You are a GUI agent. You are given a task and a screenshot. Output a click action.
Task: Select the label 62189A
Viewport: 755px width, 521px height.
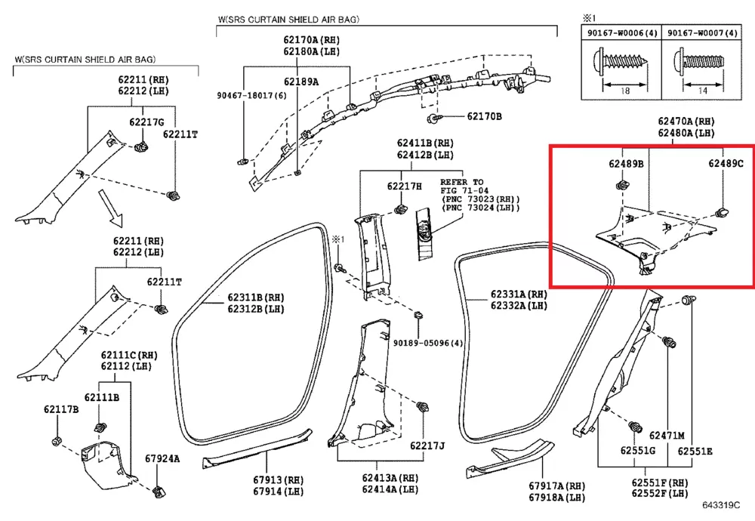(301, 82)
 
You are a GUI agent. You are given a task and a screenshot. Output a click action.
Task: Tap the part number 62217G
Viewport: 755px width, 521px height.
(146, 122)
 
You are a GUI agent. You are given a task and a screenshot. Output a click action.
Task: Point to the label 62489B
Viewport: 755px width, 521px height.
(626, 163)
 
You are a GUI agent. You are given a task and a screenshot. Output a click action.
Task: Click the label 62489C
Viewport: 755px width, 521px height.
(726, 163)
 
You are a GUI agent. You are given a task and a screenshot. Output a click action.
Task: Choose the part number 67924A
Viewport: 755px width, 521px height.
(163, 458)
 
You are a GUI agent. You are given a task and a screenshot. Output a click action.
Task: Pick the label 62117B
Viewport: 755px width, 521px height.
(61, 409)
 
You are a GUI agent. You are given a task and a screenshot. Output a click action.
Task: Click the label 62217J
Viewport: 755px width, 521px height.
(427, 445)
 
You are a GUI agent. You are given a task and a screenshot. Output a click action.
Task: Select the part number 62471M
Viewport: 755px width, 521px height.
(667, 436)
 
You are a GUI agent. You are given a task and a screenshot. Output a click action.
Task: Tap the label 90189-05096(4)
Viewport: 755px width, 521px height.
(433, 343)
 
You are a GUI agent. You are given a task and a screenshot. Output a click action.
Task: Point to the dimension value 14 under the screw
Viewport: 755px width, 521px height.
(701, 90)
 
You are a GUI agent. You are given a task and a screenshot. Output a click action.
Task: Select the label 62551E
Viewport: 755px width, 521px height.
(695, 452)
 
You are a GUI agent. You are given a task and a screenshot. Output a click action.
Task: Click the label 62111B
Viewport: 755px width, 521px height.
(102, 398)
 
